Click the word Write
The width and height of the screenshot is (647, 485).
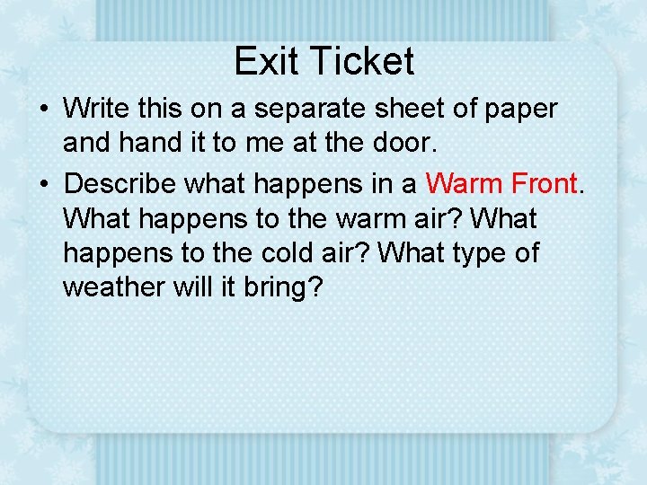click(97, 109)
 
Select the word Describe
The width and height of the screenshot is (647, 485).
click(121, 183)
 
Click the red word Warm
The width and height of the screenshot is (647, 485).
click(464, 183)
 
